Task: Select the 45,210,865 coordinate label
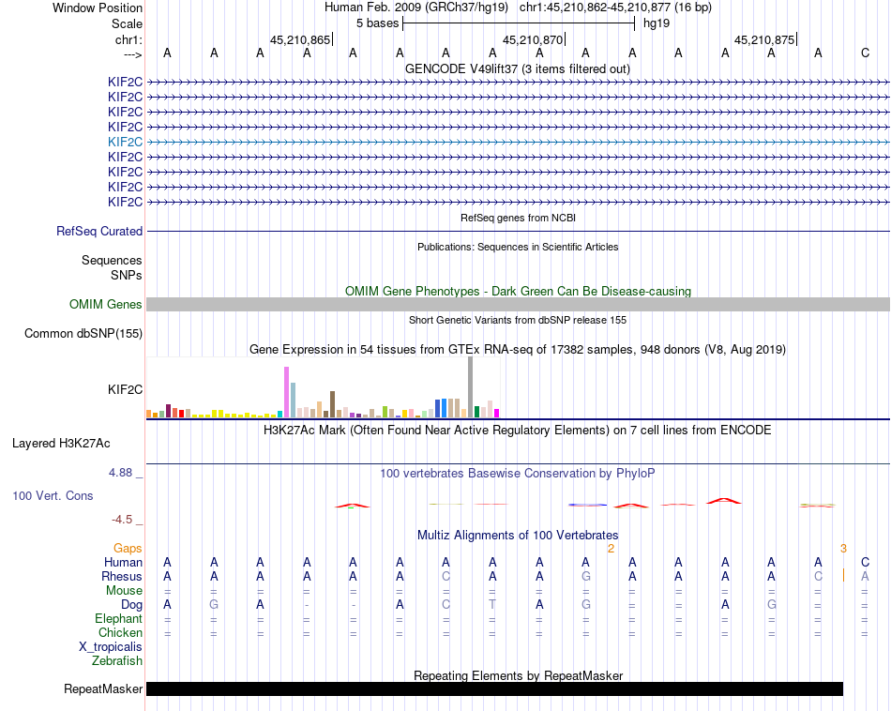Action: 299,40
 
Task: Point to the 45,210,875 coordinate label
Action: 763,40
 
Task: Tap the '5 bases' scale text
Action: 377,23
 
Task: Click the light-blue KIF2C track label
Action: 125,142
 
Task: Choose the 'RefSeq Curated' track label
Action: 99,231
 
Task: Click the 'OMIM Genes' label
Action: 106,304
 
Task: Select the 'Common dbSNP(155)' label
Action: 83,333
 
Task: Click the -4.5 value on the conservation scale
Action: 123,519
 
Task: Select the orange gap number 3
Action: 843,549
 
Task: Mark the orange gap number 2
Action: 611,549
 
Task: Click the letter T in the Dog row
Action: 492,605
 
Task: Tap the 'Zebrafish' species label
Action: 117,661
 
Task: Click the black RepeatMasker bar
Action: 494,689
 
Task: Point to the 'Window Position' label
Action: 98,8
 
